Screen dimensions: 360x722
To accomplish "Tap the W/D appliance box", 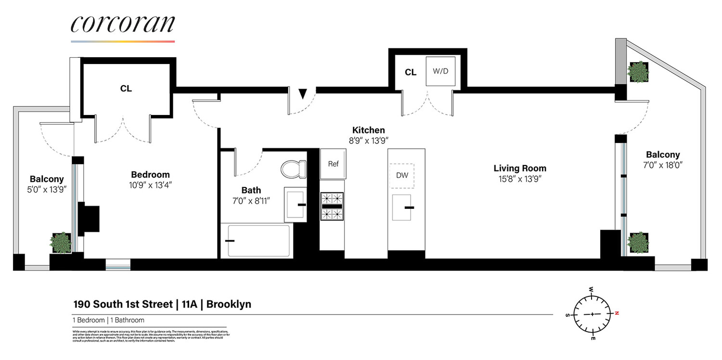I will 440,72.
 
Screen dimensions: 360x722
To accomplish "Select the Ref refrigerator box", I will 333,164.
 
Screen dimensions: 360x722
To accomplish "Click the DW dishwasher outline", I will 402,175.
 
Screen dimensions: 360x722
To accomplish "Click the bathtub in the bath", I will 258,240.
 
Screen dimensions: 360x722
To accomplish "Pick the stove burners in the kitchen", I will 332,206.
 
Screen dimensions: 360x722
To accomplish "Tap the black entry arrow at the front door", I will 302,93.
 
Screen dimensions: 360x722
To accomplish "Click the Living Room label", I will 520,168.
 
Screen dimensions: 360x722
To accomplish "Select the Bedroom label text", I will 150,175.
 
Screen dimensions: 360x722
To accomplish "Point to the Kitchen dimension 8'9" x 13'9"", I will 368,141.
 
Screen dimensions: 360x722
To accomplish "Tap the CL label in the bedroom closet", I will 126,89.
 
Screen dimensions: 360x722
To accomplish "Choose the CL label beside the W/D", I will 411,73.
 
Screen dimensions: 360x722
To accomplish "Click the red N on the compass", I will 617,313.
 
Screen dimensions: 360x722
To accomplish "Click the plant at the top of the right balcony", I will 638,72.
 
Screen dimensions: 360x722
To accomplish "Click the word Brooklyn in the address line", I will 229,304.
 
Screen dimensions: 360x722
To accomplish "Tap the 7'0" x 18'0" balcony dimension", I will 663,165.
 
